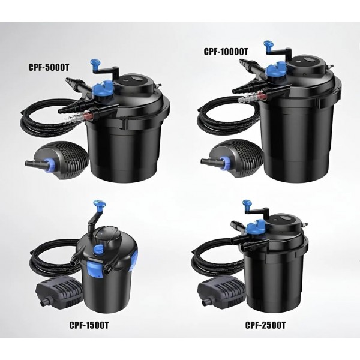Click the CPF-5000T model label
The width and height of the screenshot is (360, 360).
[49, 67]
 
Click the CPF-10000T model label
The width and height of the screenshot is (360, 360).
[226, 52]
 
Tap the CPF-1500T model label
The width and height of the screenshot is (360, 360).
[89, 325]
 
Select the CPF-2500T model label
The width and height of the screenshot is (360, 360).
[265, 325]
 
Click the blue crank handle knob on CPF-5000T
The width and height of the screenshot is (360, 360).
[95, 63]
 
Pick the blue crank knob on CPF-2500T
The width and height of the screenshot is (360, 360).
[247, 204]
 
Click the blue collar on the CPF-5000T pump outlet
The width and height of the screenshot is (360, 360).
[47, 163]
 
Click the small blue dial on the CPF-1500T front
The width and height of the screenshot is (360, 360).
[98, 249]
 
